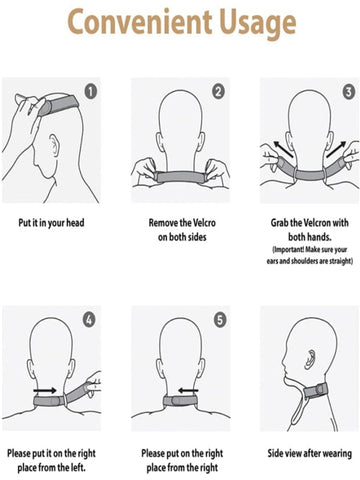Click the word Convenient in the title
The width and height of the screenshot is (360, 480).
[x=140, y=22]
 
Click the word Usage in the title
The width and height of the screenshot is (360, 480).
[x=258, y=25]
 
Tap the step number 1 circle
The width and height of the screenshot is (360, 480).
[x=90, y=92]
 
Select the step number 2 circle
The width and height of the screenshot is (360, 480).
[x=219, y=92]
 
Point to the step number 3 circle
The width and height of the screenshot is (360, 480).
[x=349, y=92]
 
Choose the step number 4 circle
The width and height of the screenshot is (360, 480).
[x=89, y=320]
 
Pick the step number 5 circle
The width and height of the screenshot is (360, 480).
[x=220, y=320]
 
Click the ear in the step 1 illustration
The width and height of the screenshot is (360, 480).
[x=54, y=145]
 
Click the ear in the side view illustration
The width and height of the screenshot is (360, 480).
[x=310, y=359]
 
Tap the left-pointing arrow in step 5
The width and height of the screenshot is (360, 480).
[x=188, y=390]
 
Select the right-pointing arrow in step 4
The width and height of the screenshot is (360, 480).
[x=45, y=390]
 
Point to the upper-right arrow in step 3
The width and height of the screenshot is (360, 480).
[x=336, y=149]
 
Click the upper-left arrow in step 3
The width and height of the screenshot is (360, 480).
[x=284, y=149]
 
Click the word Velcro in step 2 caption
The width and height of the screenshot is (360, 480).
[x=204, y=223]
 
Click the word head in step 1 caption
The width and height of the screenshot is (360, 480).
[x=75, y=223]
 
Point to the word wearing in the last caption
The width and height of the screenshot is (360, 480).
[x=337, y=454]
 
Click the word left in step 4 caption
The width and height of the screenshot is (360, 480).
[x=78, y=467]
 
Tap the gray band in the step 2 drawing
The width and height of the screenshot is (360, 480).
[x=182, y=177]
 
